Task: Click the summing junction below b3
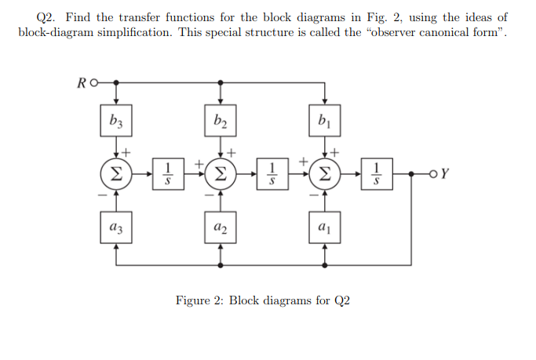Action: click(x=116, y=173)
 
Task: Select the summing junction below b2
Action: click(x=221, y=173)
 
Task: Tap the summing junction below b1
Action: click(x=325, y=173)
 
